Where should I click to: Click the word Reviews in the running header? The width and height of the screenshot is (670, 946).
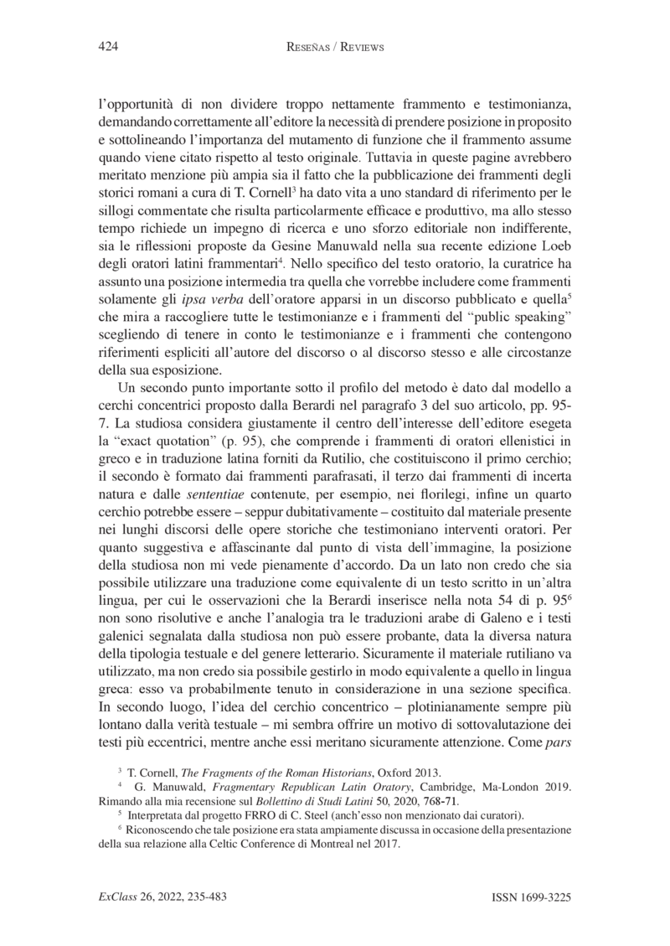[x=358, y=48]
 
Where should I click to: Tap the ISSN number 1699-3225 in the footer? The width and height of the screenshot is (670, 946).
[x=530, y=897]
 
